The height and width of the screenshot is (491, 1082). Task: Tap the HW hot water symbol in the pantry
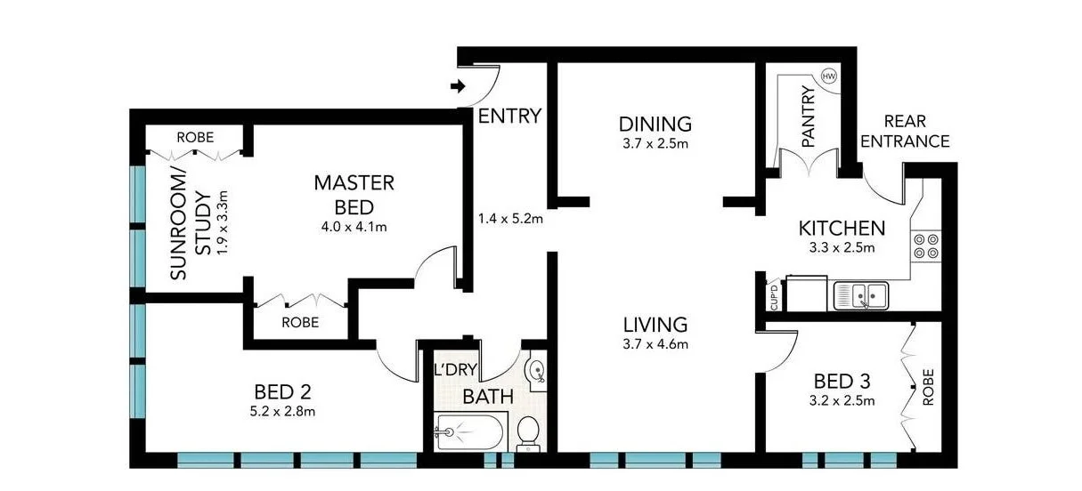828,76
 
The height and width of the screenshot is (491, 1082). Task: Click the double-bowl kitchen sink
861,294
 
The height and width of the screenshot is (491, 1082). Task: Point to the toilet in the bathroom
529,433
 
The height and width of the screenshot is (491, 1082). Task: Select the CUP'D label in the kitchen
773,295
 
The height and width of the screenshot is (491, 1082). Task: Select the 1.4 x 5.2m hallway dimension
510,218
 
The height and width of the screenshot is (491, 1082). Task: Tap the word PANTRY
809,116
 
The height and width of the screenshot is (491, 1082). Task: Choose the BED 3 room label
842,381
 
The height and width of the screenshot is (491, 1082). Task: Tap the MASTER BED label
353,195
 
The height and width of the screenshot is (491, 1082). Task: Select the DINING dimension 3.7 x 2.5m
655,142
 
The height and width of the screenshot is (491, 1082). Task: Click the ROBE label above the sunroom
194,138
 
